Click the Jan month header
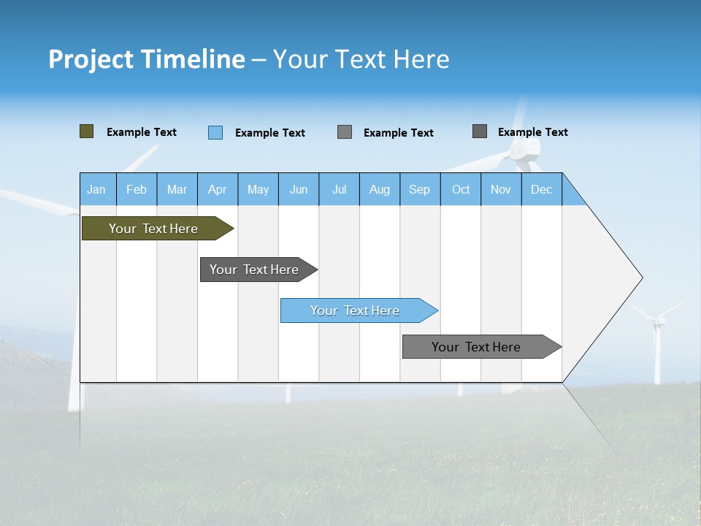[x=96, y=189]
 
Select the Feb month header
[x=137, y=189]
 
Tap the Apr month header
[x=218, y=189]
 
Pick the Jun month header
[x=299, y=189]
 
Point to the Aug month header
[x=380, y=189]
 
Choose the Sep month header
[x=420, y=189]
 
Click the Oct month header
[x=461, y=189]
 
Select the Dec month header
[x=542, y=189]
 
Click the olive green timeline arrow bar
[x=153, y=229]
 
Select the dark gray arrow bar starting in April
[x=254, y=270]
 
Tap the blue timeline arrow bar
[x=355, y=310]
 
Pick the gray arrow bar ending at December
[x=476, y=347]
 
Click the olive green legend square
[x=87, y=131]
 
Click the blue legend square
[x=215, y=132]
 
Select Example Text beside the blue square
[x=270, y=133]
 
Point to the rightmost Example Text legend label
[x=533, y=132]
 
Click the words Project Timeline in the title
[x=147, y=59]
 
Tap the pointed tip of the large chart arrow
[x=640, y=278]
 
